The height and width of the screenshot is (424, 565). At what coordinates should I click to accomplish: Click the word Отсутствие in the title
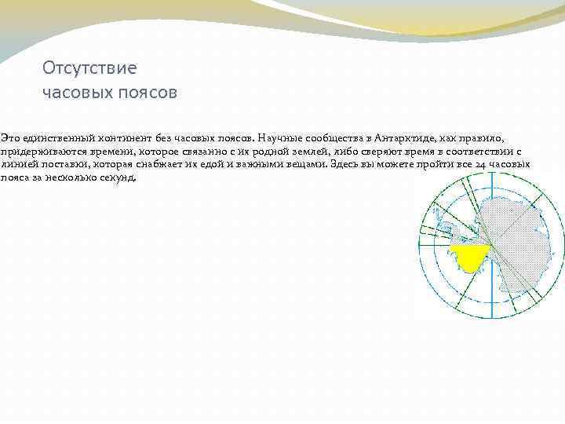[89, 68]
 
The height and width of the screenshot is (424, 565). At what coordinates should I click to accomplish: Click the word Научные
[278, 137]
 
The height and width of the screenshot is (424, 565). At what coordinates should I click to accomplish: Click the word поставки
[66, 164]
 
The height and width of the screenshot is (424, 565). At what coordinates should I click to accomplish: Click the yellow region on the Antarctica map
[470, 258]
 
